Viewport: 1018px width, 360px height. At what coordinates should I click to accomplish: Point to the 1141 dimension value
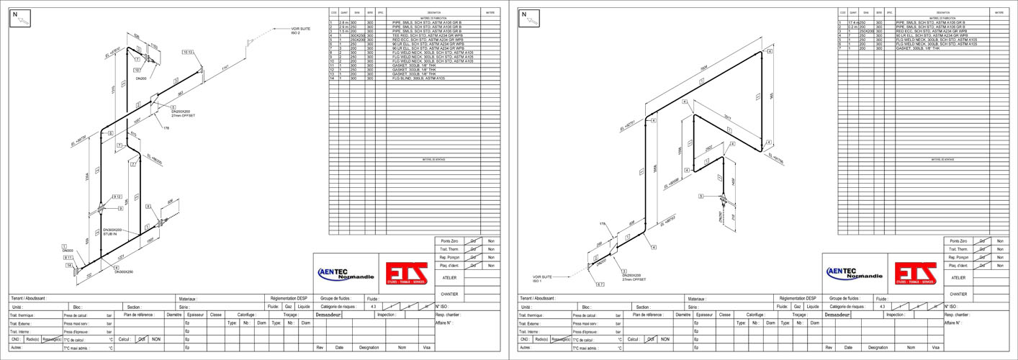(x=226, y=69)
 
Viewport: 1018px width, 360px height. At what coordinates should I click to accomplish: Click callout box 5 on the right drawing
(x=701, y=196)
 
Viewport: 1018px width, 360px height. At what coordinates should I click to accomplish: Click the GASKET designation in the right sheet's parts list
(x=916, y=48)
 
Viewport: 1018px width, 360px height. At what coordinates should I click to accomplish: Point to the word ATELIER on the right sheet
(x=958, y=277)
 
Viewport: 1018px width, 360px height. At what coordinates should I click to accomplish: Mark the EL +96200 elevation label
(x=154, y=158)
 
